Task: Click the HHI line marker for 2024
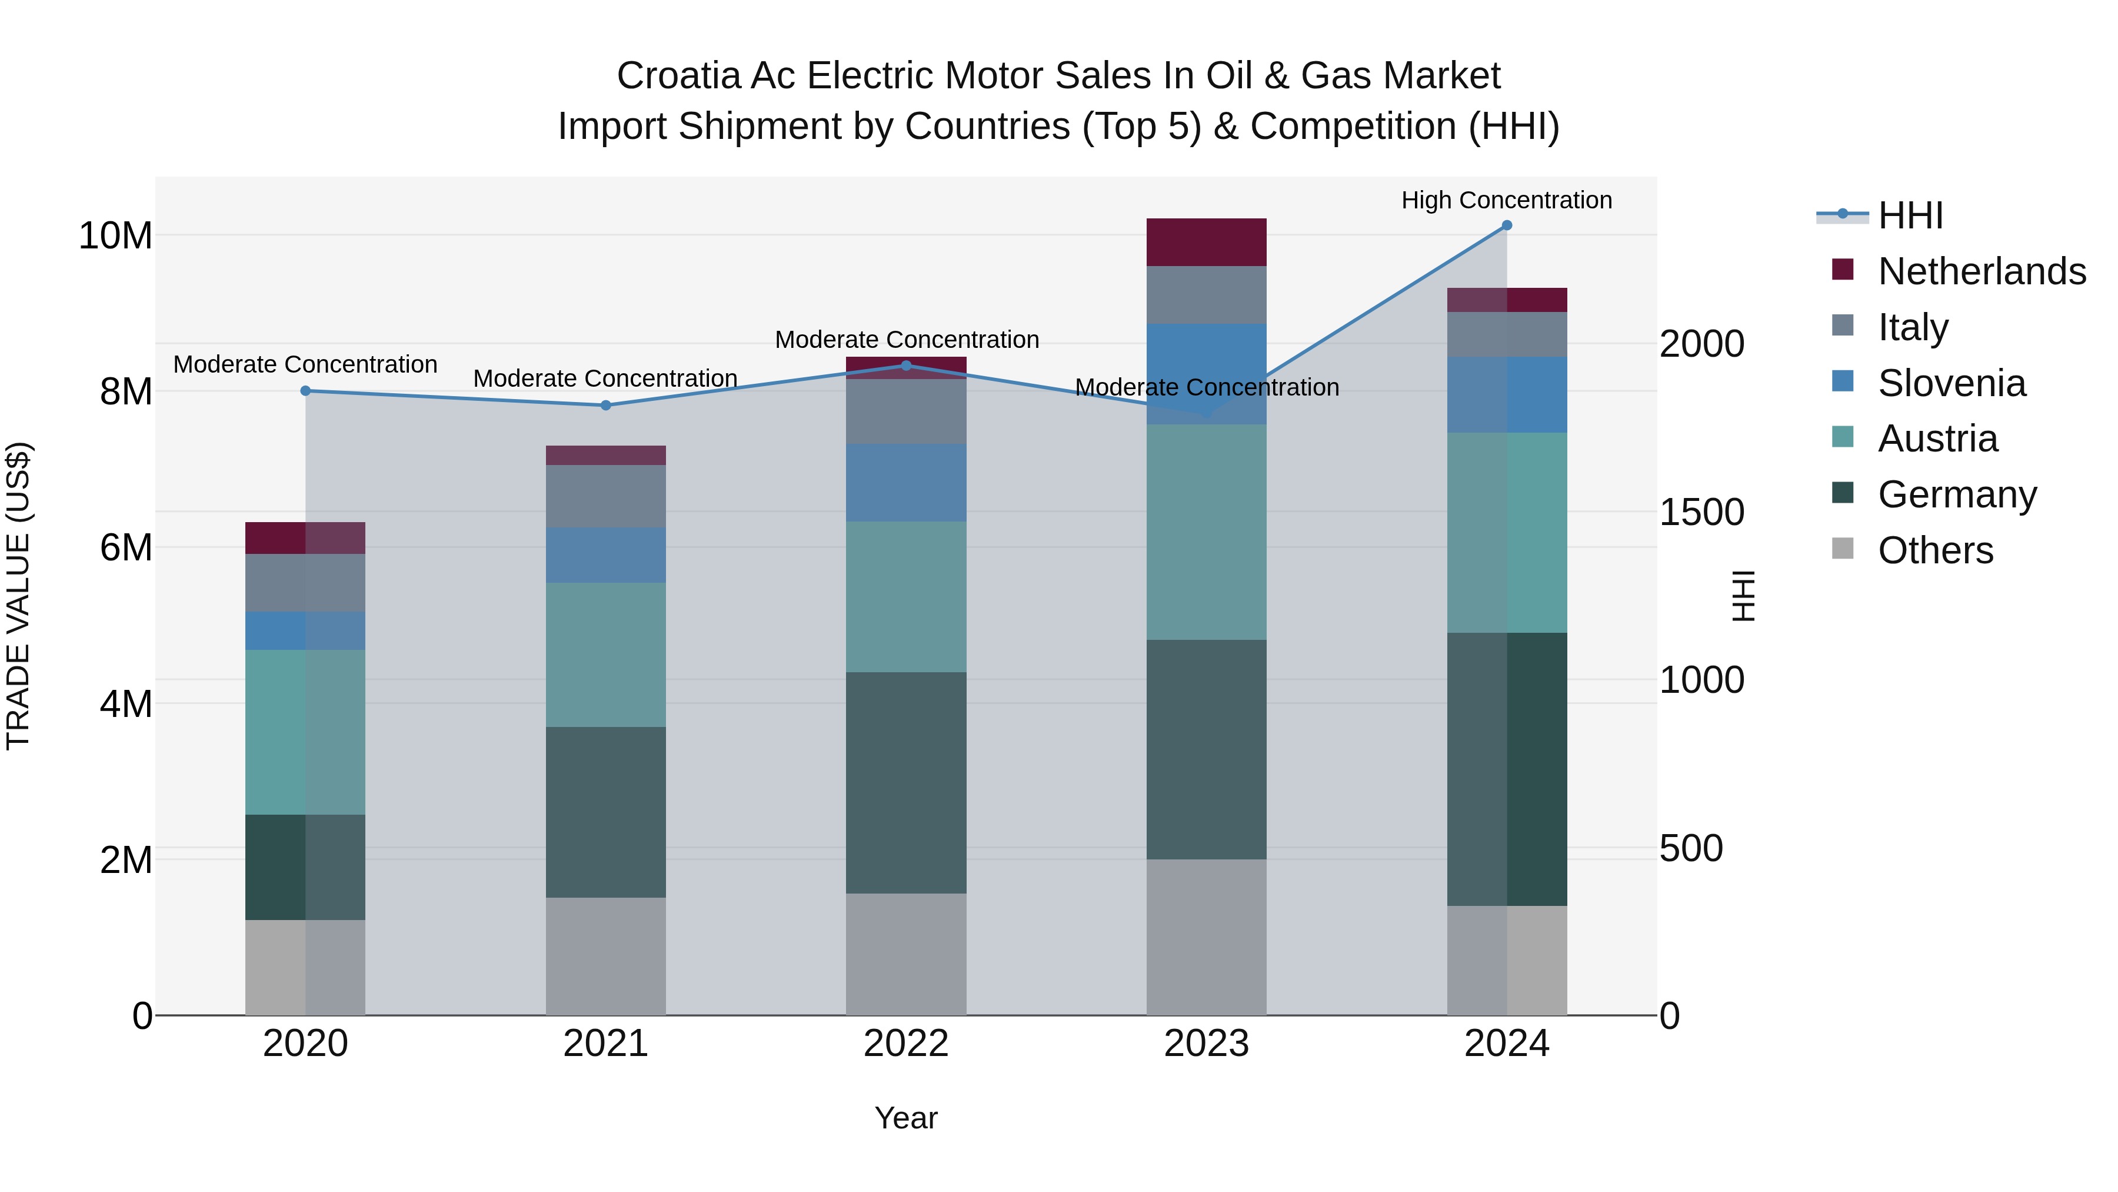1506,225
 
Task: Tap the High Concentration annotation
1506,200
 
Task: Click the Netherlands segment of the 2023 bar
1206,242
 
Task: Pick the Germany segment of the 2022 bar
906,782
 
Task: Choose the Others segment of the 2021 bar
605,956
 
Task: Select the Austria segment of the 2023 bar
1206,532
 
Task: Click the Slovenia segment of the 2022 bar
906,483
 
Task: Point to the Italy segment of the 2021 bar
605,496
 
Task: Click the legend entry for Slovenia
1951,383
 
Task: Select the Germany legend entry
1957,494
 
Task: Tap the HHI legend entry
1910,215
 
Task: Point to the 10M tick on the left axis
115,236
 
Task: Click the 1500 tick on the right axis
1700,513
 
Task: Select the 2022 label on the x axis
906,1044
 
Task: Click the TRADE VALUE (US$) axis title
18,596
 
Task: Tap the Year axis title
906,1118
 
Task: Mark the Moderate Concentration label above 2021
605,378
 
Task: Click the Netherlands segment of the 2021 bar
605,455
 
